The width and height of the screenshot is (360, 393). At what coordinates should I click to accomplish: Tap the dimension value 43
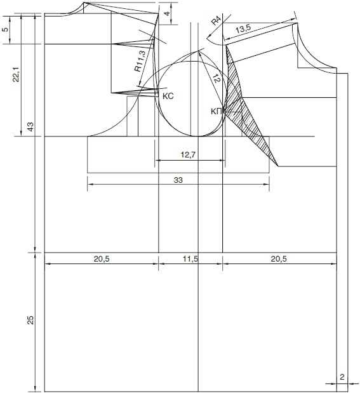pos(30,127)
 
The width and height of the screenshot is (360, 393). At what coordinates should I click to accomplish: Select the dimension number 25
pos(30,320)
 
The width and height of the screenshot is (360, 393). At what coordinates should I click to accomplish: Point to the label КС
pos(168,97)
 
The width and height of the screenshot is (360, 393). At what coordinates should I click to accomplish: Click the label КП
pos(217,112)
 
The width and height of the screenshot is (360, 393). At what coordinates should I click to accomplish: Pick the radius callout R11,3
pos(140,61)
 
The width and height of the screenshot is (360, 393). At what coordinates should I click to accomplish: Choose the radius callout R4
pos(217,20)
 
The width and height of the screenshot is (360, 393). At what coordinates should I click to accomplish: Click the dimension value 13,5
pos(243,29)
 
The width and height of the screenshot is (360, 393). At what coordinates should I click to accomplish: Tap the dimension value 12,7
pos(188,155)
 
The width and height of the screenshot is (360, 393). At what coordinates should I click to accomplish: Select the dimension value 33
pos(178,180)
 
